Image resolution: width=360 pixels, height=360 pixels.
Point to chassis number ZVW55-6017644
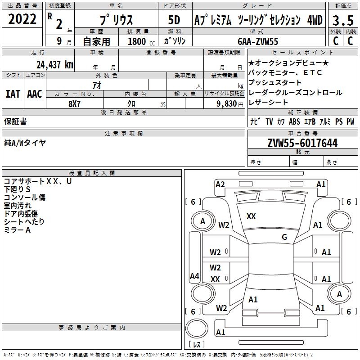pyautogui.click(x=302, y=143)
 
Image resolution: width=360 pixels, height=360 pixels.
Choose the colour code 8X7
pyautogui.click(x=75, y=103)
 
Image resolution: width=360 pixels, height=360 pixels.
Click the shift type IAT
pyautogui.click(x=13, y=94)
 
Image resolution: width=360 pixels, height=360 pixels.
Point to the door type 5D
pyautogui.click(x=174, y=20)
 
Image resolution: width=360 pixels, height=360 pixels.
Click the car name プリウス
pyautogui.click(x=115, y=20)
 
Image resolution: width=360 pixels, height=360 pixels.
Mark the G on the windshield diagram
pyautogui.click(x=284, y=237)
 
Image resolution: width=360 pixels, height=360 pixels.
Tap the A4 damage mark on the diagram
pyautogui.click(x=194, y=276)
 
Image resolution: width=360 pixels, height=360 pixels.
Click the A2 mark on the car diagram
pyautogui.click(x=220, y=184)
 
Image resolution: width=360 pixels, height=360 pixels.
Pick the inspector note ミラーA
pyautogui.click(x=17, y=230)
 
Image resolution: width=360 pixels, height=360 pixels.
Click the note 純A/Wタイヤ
pyautogui.click(x=25, y=143)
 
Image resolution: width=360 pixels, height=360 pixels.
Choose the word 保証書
pyautogui.click(x=15, y=121)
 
